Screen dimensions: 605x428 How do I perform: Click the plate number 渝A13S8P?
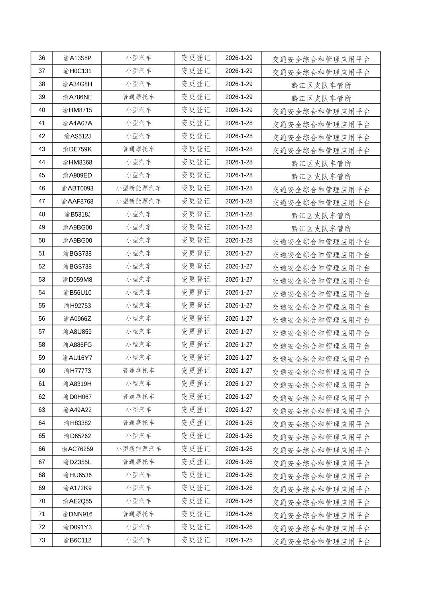(77, 58)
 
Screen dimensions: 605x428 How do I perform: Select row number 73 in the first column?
(42, 540)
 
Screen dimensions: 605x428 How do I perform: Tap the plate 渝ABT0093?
(77, 188)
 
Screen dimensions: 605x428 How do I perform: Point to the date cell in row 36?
(239, 58)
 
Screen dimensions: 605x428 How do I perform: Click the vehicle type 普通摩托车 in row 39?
(138, 97)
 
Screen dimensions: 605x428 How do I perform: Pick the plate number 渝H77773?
(77, 371)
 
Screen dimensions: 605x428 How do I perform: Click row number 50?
(42, 241)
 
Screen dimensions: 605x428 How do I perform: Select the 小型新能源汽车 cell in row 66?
(138, 449)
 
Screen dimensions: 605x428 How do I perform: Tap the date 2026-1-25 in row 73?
(239, 540)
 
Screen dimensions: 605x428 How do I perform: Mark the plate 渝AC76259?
(77, 449)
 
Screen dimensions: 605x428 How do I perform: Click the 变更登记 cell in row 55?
(196, 305)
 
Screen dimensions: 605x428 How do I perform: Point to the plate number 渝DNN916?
(77, 514)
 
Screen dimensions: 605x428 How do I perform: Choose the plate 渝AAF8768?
(77, 202)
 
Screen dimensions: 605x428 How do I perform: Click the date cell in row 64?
(239, 423)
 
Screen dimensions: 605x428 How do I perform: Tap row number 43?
(42, 149)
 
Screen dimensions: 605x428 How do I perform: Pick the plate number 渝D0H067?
(77, 397)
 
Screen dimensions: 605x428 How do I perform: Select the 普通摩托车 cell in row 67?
(138, 462)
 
